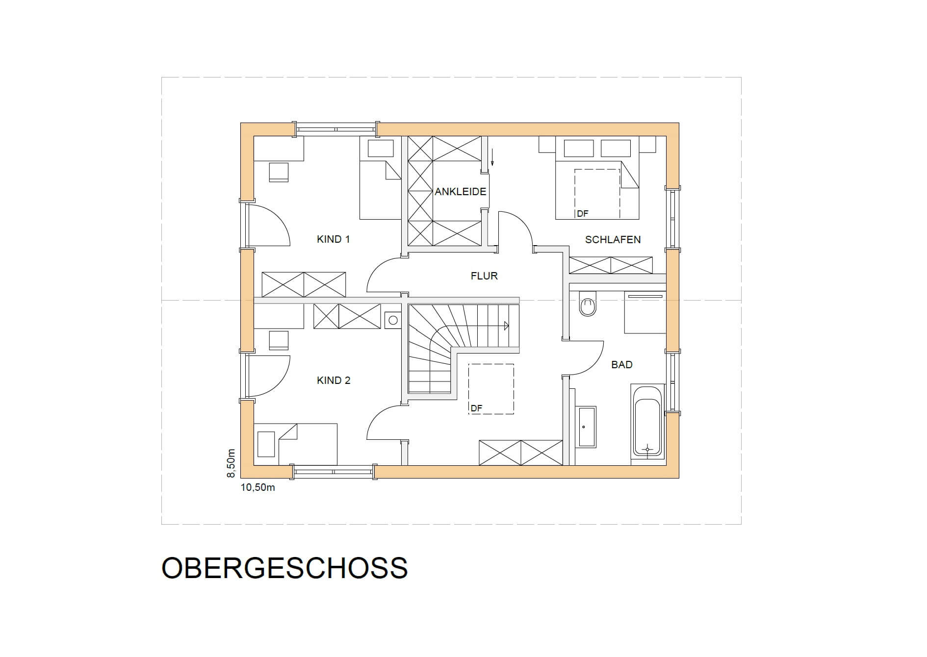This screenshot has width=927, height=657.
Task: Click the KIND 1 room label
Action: [333, 239]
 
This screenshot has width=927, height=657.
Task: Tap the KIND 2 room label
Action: [334, 380]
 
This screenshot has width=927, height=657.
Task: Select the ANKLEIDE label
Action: [461, 192]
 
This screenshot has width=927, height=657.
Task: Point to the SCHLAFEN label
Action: [613, 240]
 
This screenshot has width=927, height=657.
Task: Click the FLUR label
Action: [484, 276]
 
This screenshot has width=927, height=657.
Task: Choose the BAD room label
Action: [621, 365]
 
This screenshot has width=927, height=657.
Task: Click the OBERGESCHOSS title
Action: [284, 568]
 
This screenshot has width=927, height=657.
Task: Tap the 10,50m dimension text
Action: [257, 488]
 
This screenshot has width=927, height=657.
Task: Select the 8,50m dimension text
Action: [231, 463]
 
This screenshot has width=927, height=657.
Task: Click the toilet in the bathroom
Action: [587, 303]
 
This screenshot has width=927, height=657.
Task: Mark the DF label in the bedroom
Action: [582, 214]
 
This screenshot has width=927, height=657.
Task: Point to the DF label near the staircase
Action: [476, 408]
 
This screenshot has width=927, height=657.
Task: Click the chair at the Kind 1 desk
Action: [279, 173]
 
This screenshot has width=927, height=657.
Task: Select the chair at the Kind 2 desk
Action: [279, 340]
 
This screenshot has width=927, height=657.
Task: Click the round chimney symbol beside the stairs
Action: [393, 321]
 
